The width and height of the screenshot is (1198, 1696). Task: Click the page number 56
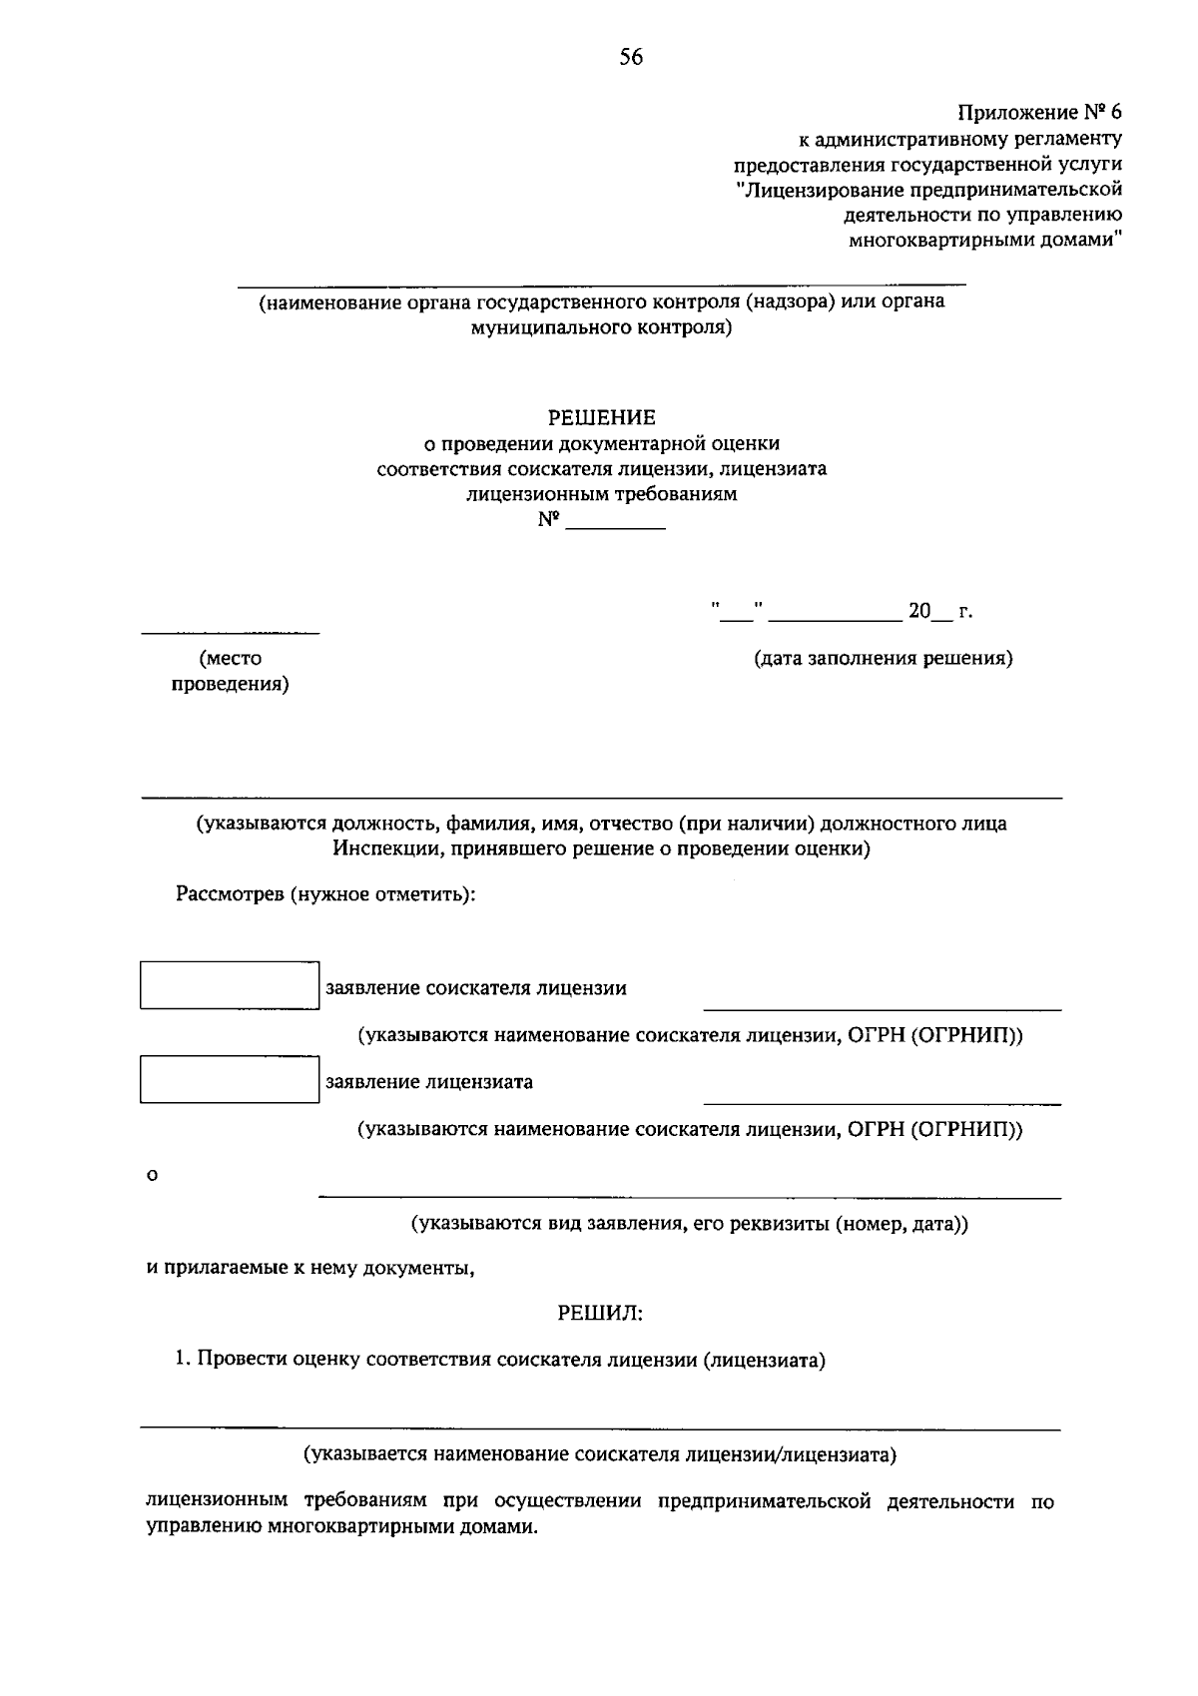click(x=630, y=58)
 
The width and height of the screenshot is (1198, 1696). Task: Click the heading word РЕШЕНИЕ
click(x=601, y=417)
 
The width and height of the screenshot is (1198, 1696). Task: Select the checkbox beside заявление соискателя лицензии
click(x=229, y=985)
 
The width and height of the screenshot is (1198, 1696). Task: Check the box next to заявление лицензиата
click(x=229, y=1079)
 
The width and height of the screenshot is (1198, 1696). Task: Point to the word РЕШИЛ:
click(x=600, y=1314)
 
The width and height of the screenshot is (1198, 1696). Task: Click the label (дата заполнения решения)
click(x=883, y=658)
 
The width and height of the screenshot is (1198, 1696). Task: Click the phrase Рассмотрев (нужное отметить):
click(x=325, y=894)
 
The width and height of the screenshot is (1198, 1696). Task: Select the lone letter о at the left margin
click(x=152, y=1176)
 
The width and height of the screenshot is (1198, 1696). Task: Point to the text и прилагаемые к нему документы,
click(x=309, y=1268)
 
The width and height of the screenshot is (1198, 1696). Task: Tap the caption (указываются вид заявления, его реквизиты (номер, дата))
click(x=690, y=1223)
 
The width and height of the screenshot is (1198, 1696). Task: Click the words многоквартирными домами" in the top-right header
click(x=984, y=241)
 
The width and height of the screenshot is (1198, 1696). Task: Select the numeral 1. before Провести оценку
click(x=182, y=1360)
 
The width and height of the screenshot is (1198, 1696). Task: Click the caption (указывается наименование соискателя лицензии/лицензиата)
click(x=600, y=1454)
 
